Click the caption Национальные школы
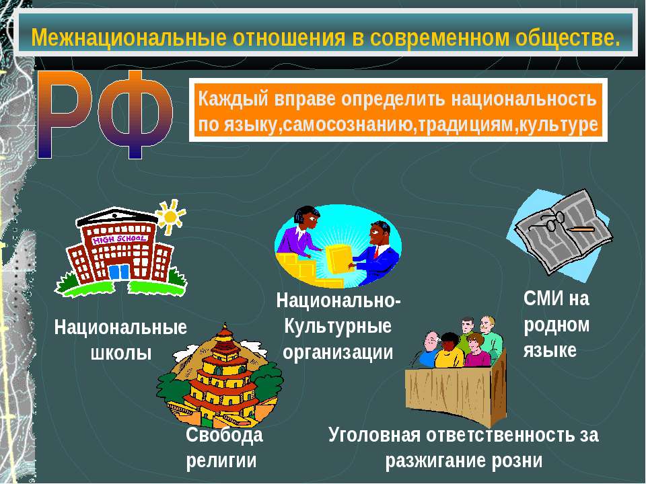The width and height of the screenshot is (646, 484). coord(121,339)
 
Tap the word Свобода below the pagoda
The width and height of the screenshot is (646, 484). coord(224,436)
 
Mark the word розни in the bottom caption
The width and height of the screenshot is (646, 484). coord(517,461)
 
